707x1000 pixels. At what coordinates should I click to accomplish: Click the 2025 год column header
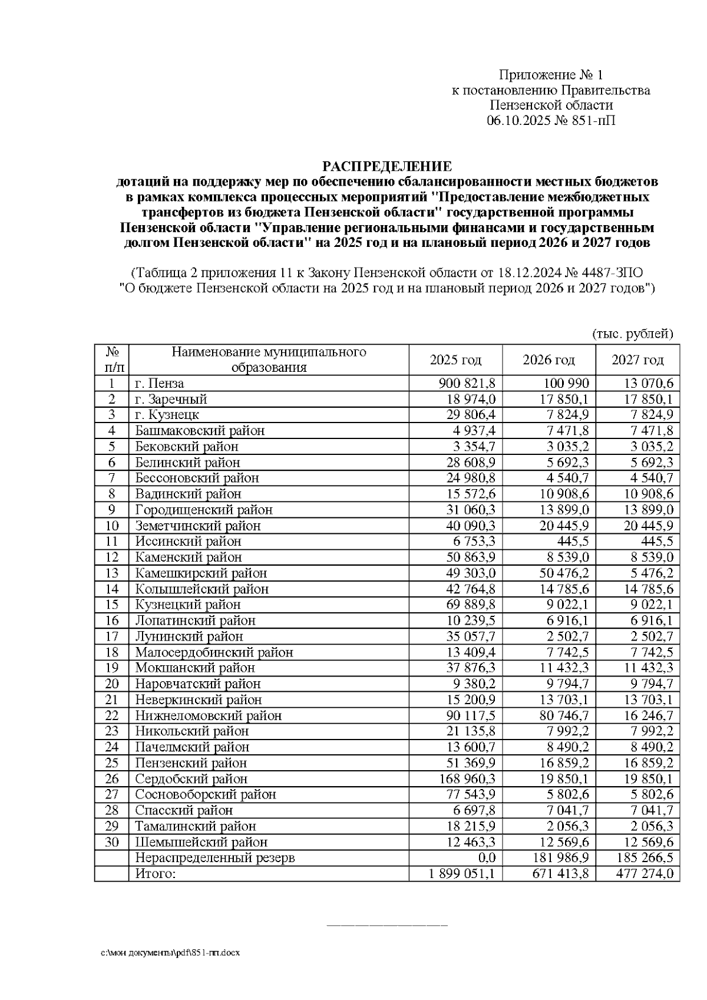455,360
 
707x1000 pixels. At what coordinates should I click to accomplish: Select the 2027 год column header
637,360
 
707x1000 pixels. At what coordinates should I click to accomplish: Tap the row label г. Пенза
159,384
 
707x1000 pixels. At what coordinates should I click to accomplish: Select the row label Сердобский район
191,779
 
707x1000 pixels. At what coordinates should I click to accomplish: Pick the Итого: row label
156,874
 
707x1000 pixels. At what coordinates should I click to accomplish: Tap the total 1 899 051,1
462,874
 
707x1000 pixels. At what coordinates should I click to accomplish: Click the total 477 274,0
645,874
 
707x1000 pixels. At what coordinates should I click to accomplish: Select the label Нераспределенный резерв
214,858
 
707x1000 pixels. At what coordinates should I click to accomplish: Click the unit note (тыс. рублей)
632,334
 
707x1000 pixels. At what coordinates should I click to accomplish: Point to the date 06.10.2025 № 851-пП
551,121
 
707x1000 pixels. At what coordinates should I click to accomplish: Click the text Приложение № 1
551,75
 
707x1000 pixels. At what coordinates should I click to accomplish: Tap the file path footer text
170,953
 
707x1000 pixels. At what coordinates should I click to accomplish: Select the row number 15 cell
112,605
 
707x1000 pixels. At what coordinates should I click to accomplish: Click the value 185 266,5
645,858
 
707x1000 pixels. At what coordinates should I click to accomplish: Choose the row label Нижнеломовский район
208,716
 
